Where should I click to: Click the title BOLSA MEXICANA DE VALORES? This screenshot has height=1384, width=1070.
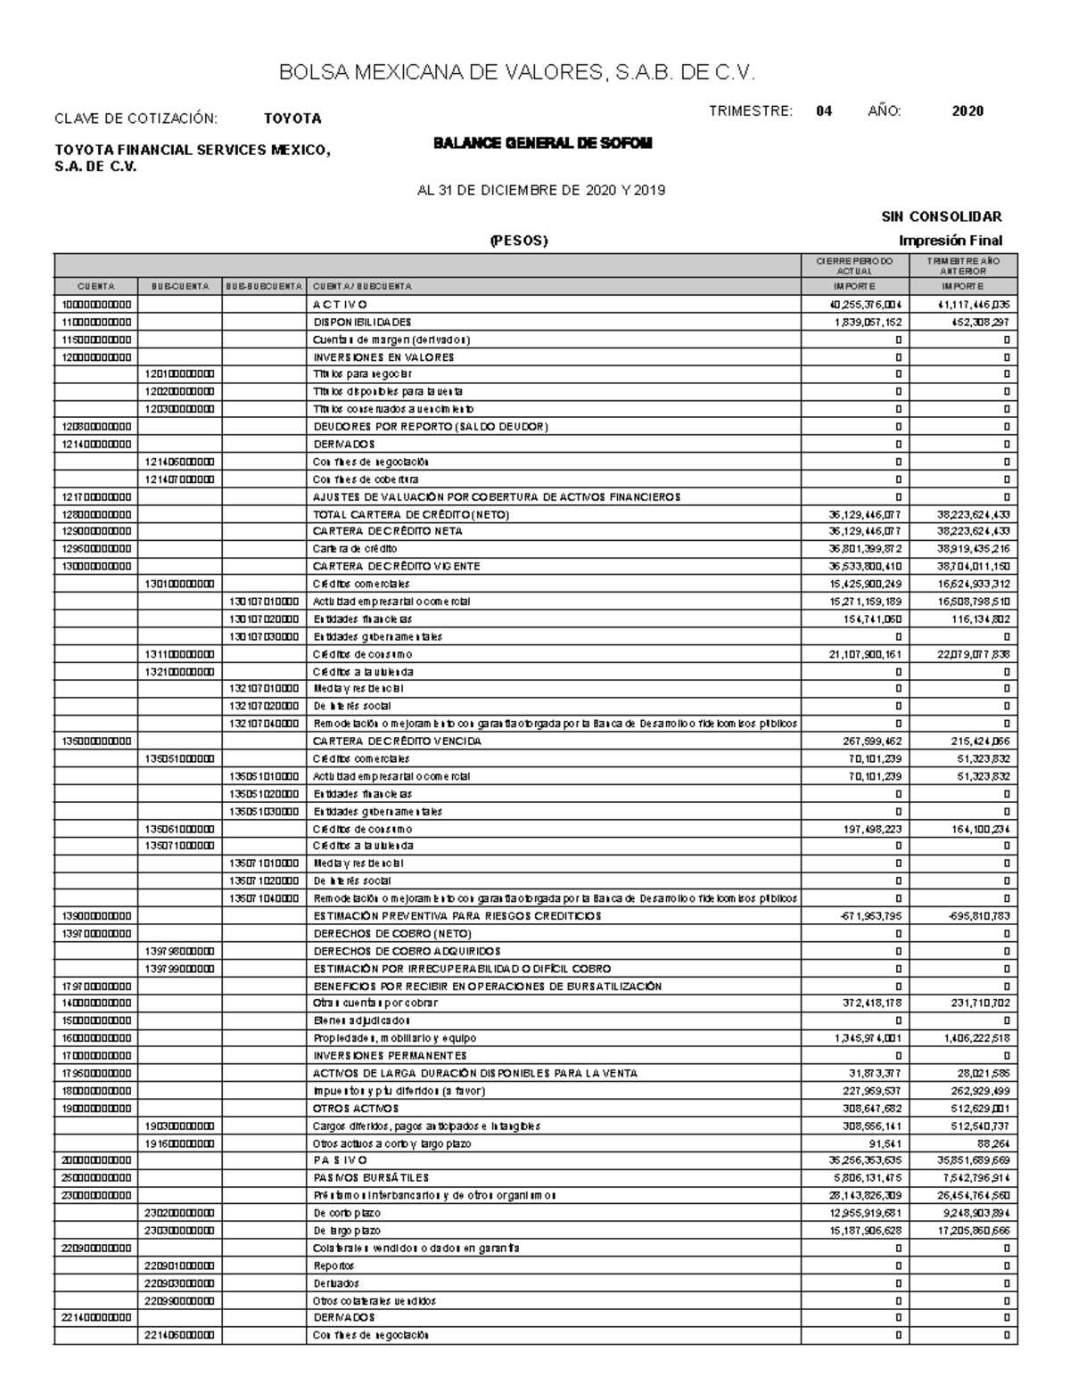coord(517,73)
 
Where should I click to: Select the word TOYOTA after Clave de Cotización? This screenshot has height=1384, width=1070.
coord(292,119)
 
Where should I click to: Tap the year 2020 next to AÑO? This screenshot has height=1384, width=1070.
coord(967,111)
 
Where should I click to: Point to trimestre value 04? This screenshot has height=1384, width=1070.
coord(824,111)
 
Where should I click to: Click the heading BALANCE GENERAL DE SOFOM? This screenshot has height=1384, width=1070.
coord(542,143)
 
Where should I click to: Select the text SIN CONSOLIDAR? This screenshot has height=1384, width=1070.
coord(942,217)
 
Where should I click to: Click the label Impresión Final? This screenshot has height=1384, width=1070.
coord(951,241)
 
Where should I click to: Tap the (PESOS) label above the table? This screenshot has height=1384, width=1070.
coord(518,241)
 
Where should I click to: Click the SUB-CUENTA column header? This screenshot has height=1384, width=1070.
coord(180,287)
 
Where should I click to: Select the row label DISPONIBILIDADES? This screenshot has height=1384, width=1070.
coord(362,322)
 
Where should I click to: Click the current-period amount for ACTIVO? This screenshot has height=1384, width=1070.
coord(866,305)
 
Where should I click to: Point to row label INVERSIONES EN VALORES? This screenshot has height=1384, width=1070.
coord(383,357)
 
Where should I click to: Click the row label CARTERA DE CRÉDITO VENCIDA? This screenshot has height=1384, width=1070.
coord(397,741)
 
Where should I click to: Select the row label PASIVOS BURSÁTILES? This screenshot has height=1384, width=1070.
coord(371,1178)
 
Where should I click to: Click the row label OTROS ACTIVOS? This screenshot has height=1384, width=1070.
coord(356,1109)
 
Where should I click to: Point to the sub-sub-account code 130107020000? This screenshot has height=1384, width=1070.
coord(263,618)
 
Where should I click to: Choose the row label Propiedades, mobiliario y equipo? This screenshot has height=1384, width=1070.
coord(394,1038)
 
